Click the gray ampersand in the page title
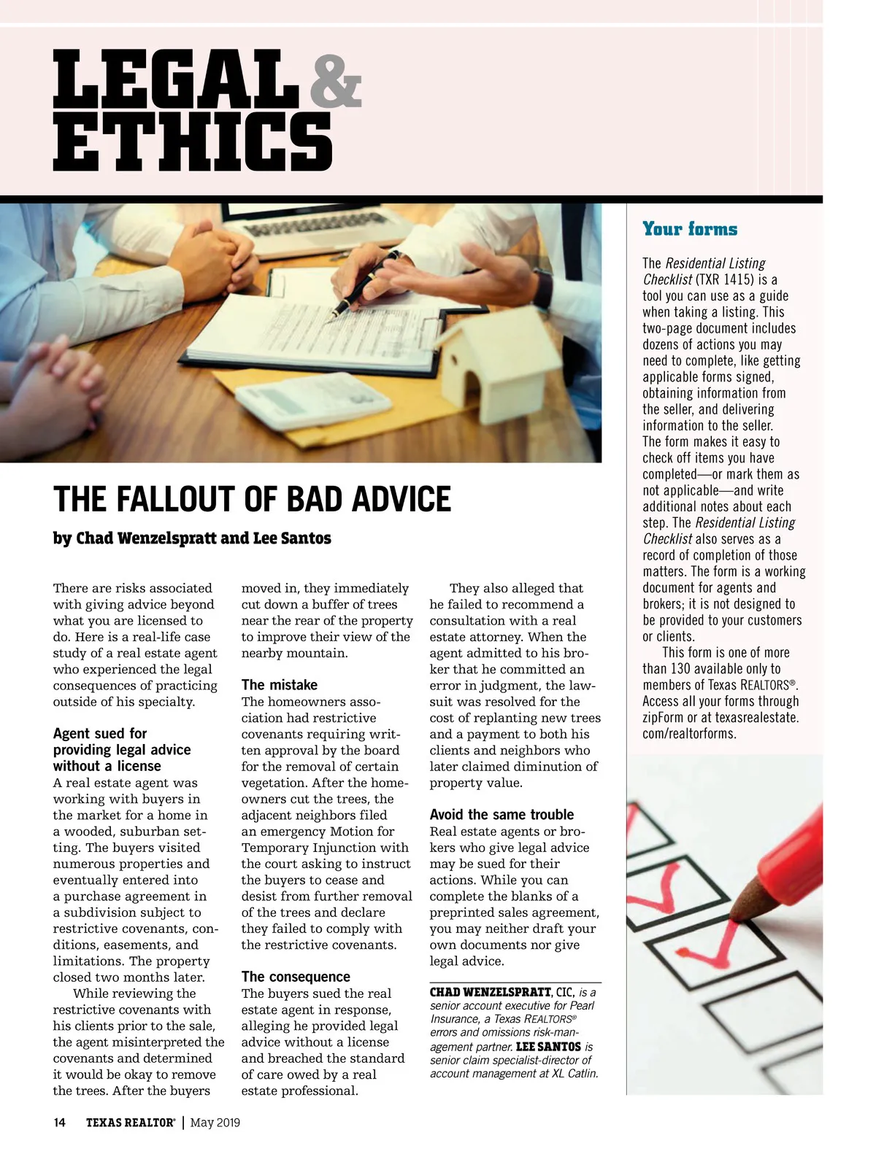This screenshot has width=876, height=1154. (335, 82)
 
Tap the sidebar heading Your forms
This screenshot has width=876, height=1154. (689, 229)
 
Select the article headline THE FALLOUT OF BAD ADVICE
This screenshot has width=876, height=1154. (252, 500)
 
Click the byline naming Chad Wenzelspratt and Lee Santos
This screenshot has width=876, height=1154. (192, 538)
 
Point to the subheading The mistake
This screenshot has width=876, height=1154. (279, 685)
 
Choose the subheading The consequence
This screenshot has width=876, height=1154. (296, 977)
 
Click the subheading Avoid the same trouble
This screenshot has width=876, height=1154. (502, 815)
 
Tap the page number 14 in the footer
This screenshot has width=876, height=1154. (59, 1123)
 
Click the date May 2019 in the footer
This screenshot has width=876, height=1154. (215, 1123)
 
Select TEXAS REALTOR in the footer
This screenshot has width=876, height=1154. (130, 1123)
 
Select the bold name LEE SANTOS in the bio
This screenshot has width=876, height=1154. (548, 1046)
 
